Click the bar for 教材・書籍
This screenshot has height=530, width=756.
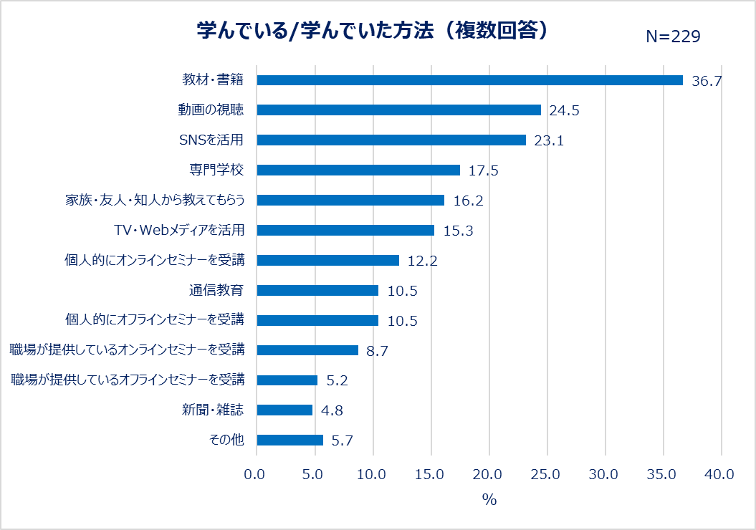[x=469, y=80]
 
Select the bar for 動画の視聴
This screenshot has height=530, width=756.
[x=398, y=110]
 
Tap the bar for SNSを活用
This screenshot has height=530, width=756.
[x=391, y=140]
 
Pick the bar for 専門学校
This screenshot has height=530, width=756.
[x=358, y=170]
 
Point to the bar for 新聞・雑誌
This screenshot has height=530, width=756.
[x=284, y=410]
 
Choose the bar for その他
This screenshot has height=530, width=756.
[x=290, y=440]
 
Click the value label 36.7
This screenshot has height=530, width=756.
[x=706, y=81]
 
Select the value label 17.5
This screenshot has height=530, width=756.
[x=483, y=171]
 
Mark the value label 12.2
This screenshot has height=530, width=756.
[x=422, y=261]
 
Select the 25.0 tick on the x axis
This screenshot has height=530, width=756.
[x=547, y=475]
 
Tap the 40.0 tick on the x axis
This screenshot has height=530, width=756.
[x=719, y=475]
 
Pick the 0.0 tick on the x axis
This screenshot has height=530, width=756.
[x=256, y=475]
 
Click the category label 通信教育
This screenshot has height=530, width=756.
[x=214, y=291]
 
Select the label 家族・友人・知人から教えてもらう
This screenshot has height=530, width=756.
[x=155, y=201]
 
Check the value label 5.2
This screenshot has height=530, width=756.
[x=337, y=381]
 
